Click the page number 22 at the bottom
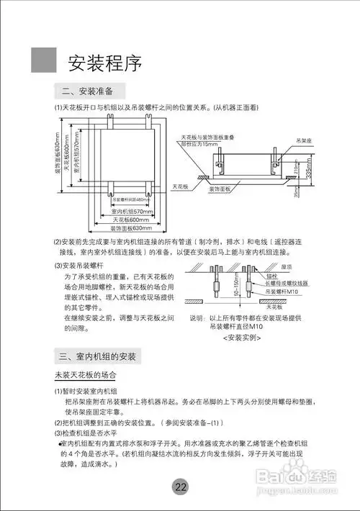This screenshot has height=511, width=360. coord(181,487)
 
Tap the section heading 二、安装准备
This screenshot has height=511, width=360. coord(94,91)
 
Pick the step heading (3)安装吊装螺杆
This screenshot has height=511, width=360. coord(86,266)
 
